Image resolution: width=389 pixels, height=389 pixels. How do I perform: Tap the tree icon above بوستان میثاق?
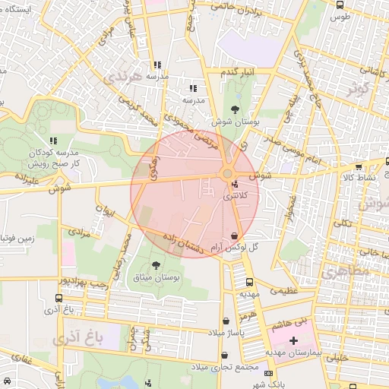[x=156, y=265]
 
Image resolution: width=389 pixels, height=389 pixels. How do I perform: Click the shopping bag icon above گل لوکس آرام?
[x=233, y=235]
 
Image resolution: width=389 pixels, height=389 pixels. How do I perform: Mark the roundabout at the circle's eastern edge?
[x=228, y=176]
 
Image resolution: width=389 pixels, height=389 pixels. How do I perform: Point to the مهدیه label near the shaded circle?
[x=251, y=292]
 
